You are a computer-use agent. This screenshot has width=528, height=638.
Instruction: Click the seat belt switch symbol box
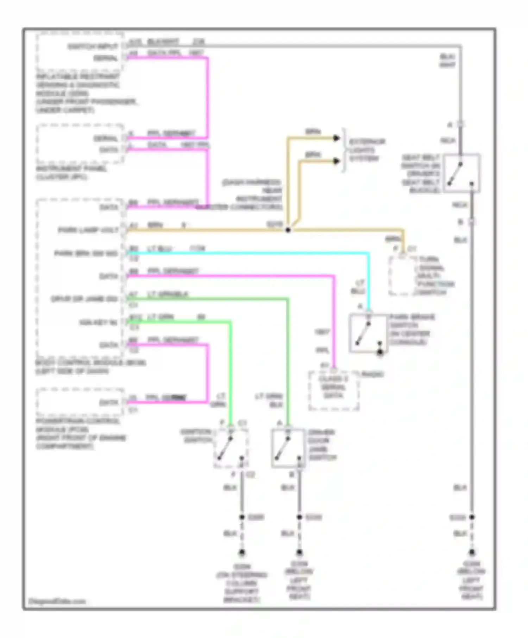(x=461, y=173)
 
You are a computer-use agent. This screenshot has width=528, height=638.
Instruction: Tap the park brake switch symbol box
(x=368, y=333)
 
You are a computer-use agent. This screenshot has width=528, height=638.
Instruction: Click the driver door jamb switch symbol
(x=288, y=448)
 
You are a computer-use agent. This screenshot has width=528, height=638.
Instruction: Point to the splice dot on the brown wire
(x=288, y=230)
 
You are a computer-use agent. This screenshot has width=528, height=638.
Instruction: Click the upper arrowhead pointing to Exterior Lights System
(x=337, y=138)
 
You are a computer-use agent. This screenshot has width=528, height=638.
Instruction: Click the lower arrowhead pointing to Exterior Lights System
(x=337, y=161)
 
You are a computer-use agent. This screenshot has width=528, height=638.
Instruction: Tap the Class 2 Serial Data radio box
(x=333, y=390)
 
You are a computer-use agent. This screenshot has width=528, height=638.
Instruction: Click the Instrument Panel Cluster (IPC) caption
(x=70, y=173)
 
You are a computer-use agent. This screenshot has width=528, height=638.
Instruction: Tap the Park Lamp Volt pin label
(x=88, y=230)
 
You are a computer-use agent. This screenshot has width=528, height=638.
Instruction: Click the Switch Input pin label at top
(x=92, y=46)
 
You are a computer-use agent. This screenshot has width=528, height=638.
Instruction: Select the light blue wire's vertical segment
(x=369, y=281)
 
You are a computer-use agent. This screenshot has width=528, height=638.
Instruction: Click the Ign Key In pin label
(x=98, y=322)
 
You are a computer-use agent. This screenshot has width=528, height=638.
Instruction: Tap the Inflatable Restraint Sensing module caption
(x=84, y=93)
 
